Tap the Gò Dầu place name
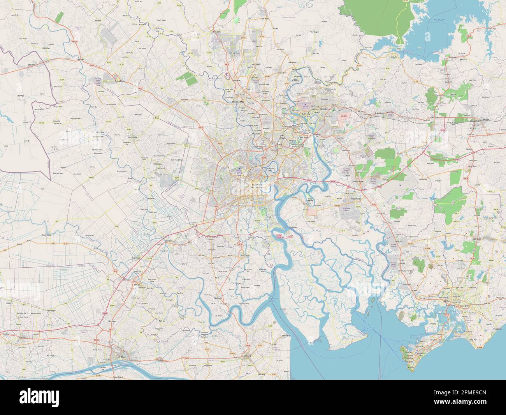click(81, 59)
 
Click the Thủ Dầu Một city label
click(238, 102)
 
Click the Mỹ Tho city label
click(116, 357)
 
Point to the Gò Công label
click(246, 356)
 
